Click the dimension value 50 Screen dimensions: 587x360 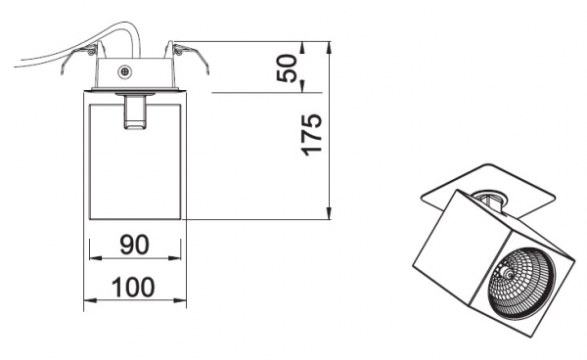[287, 67]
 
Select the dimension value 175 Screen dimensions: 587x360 [311, 135]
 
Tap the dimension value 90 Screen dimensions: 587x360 [134, 245]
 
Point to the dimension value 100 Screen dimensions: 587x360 [133, 287]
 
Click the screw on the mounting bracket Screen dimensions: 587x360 [124, 71]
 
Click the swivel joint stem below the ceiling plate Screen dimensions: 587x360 [134, 112]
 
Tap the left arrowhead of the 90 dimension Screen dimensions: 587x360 [95, 258]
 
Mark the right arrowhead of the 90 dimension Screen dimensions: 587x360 [175, 258]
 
